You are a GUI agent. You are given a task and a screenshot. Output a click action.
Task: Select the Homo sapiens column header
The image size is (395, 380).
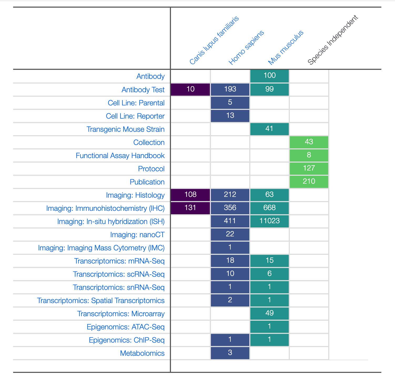tap(246, 48)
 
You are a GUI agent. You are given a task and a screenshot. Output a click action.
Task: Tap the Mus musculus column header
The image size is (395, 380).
tap(286, 47)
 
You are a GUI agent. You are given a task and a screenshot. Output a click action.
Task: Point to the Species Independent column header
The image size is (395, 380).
tap(333, 40)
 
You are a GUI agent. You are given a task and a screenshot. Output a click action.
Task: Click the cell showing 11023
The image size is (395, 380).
tap(270, 221)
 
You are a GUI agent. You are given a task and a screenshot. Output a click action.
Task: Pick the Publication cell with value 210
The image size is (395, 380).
tap(309, 182)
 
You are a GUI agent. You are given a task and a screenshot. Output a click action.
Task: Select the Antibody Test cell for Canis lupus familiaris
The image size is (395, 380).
tap(190, 89)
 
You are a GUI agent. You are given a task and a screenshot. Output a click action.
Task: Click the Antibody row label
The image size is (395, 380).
tap(150, 76)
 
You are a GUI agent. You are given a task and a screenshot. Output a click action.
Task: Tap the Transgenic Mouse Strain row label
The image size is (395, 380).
tap(125, 129)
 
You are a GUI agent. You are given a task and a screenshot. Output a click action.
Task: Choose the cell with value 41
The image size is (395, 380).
tap(270, 129)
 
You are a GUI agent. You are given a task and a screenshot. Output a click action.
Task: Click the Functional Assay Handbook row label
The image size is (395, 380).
tap(120, 156)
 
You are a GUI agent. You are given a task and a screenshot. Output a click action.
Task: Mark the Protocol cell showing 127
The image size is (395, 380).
tap(309, 168)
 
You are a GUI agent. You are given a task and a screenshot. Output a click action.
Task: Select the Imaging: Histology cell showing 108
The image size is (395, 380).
tap(190, 195)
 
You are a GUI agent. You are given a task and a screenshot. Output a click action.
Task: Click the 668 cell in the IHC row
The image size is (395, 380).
tap(270, 208)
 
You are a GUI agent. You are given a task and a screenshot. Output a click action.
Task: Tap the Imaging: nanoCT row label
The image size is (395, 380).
tap(137, 235)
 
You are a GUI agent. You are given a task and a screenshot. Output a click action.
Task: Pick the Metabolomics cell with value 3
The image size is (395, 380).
tap(230, 353)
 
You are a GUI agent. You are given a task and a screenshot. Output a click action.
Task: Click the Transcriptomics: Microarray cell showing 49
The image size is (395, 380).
tap(270, 313)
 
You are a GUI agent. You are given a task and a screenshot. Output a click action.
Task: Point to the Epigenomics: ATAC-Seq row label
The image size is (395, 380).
tap(126, 327)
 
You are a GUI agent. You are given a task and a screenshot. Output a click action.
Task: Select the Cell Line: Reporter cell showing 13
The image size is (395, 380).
tap(230, 116)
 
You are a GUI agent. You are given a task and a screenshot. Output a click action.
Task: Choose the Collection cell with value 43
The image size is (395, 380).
tap(309, 142)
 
